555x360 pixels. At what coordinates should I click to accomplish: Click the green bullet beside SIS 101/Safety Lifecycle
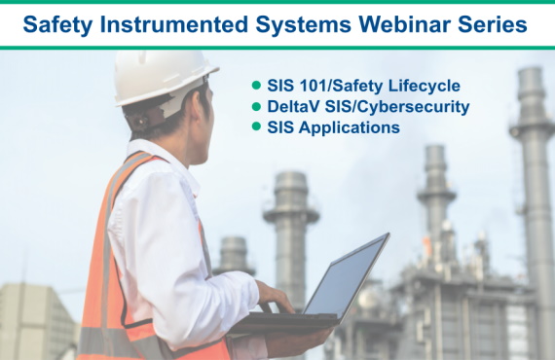257,85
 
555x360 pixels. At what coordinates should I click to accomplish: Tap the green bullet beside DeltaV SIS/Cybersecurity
257,106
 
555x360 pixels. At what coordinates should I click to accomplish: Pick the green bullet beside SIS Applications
257,127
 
